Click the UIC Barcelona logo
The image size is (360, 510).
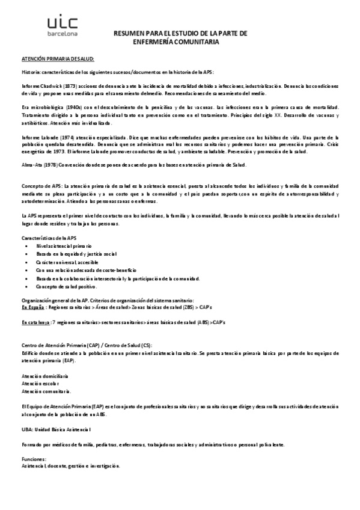[63, 26]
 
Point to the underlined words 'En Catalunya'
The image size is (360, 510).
[35, 323]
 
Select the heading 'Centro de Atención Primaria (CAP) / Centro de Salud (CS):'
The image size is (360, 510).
[87, 345]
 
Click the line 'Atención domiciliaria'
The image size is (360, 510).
[44, 375]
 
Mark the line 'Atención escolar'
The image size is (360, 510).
[40, 382]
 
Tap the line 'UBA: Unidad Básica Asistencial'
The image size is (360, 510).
[56, 429]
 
